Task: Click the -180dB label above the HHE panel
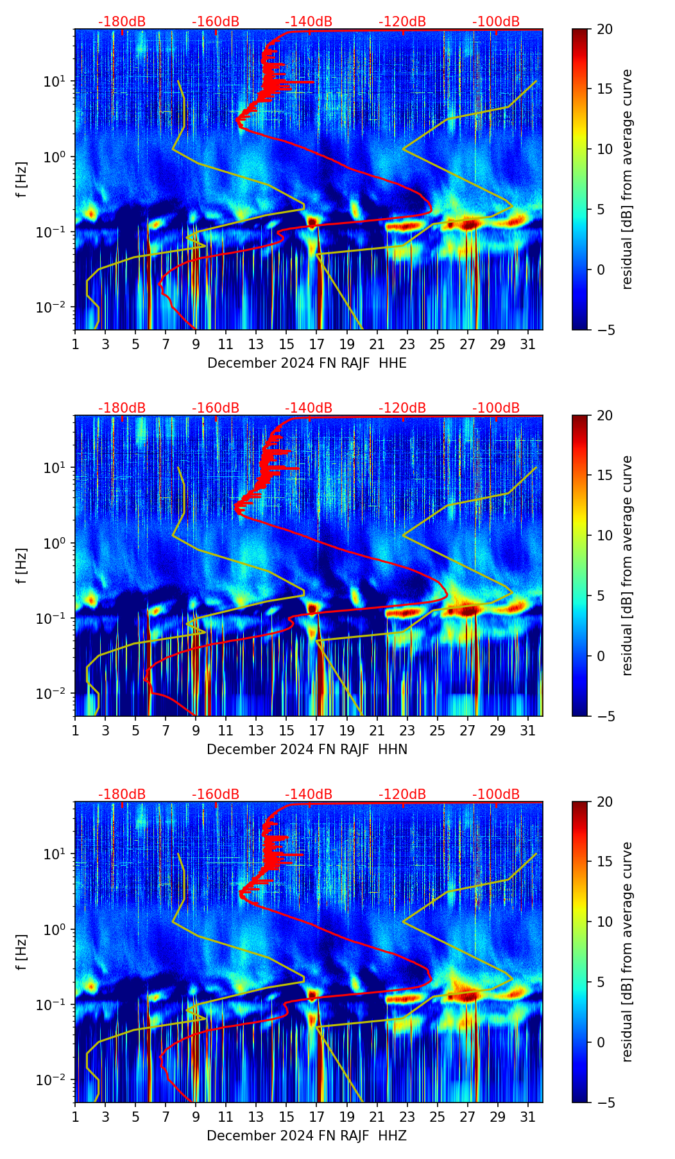point(122,22)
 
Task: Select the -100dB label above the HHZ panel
point(496,794)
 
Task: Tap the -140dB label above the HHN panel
point(309,408)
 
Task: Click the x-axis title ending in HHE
point(307,363)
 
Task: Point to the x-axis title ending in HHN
point(307,750)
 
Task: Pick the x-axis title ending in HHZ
point(307,1136)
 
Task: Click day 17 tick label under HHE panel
point(317,344)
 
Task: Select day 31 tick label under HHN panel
point(528,730)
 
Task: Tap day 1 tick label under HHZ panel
point(76,1117)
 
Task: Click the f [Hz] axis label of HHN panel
point(22,565)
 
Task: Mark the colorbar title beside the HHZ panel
point(628,952)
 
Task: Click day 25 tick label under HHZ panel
point(438,1117)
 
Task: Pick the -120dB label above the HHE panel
point(402,22)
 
